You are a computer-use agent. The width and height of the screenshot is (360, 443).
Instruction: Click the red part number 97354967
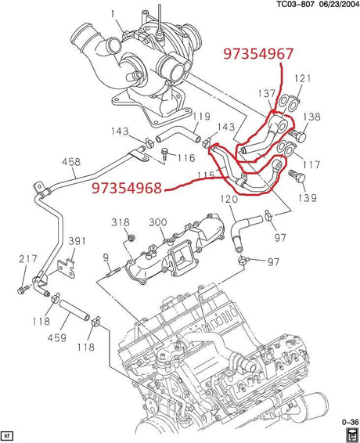pyautogui.click(x=258, y=54)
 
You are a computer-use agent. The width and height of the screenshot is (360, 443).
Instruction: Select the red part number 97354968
pyautogui.click(x=127, y=188)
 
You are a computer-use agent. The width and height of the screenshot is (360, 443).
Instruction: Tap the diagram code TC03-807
pyautogui.click(x=296, y=4)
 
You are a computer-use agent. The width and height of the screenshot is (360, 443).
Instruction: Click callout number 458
pyautogui.click(x=71, y=162)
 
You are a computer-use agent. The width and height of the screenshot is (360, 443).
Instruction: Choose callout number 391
pyautogui.click(x=77, y=241)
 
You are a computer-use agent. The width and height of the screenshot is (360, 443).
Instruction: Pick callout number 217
pyautogui.click(x=28, y=259)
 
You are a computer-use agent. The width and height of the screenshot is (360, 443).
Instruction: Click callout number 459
pyautogui.click(x=57, y=337)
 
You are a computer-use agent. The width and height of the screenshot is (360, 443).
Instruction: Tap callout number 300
pyautogui.click(x=158, y=222)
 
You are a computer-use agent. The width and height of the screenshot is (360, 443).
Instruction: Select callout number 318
pyautogui.click(x=121, y=222)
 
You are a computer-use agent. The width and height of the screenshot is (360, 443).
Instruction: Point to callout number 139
pyautogui.click(x=308, y=197)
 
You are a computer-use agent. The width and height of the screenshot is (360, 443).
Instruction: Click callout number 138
pyautogui.click(x=312, y=117)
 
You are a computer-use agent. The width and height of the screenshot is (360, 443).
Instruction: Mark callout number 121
pyautogui.click(x=303, y=78)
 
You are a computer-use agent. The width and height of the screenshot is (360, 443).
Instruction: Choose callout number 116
pyautogui.click(x=185, y=157)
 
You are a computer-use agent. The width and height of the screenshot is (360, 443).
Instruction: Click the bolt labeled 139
pyautogui.click(x=297, y=177)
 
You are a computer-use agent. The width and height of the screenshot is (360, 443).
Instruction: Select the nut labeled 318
pyautogui.click(x=131, y=238)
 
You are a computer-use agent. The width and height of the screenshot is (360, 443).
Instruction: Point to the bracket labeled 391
pyautogui.click(x=67, y=269)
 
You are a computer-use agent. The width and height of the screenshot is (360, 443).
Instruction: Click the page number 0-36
pyautogui.click(x=350, y=422)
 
